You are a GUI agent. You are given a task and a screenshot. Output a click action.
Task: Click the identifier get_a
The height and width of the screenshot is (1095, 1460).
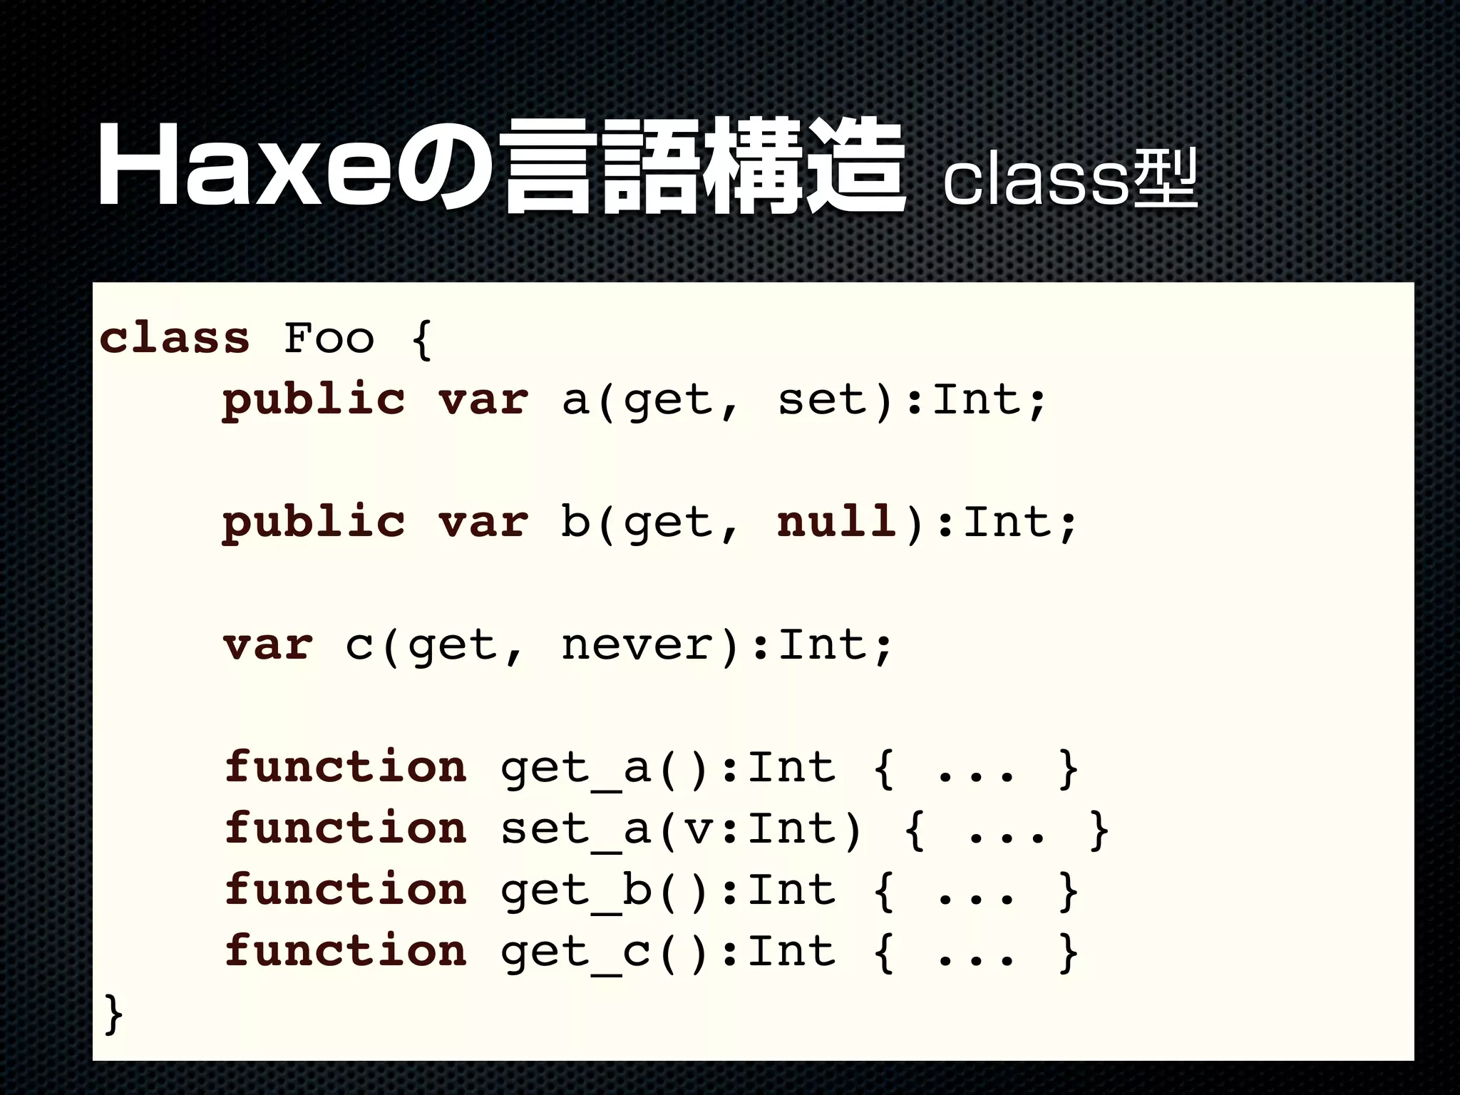[x=575, y=768]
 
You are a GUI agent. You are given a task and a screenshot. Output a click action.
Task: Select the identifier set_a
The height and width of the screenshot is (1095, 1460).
[x=575, y=830]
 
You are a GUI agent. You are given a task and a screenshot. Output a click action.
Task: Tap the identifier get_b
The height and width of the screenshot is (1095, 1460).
[x=575, y=891]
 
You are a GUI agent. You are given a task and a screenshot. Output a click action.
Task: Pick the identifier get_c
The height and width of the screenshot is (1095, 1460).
[x=575, y=952]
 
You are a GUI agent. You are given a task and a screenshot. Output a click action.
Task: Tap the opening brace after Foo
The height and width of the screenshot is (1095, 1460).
[x=421, y=339]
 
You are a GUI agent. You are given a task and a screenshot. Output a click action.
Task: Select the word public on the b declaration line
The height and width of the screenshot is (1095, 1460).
[x=314, y=523]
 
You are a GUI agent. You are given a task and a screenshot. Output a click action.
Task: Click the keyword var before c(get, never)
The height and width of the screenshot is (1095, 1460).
[x=267, y=644]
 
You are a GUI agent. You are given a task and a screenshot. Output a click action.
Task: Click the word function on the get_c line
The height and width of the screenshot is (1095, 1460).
[x=346, y=951]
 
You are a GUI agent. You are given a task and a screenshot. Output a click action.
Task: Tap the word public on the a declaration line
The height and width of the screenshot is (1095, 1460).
[x=314, y=400]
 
